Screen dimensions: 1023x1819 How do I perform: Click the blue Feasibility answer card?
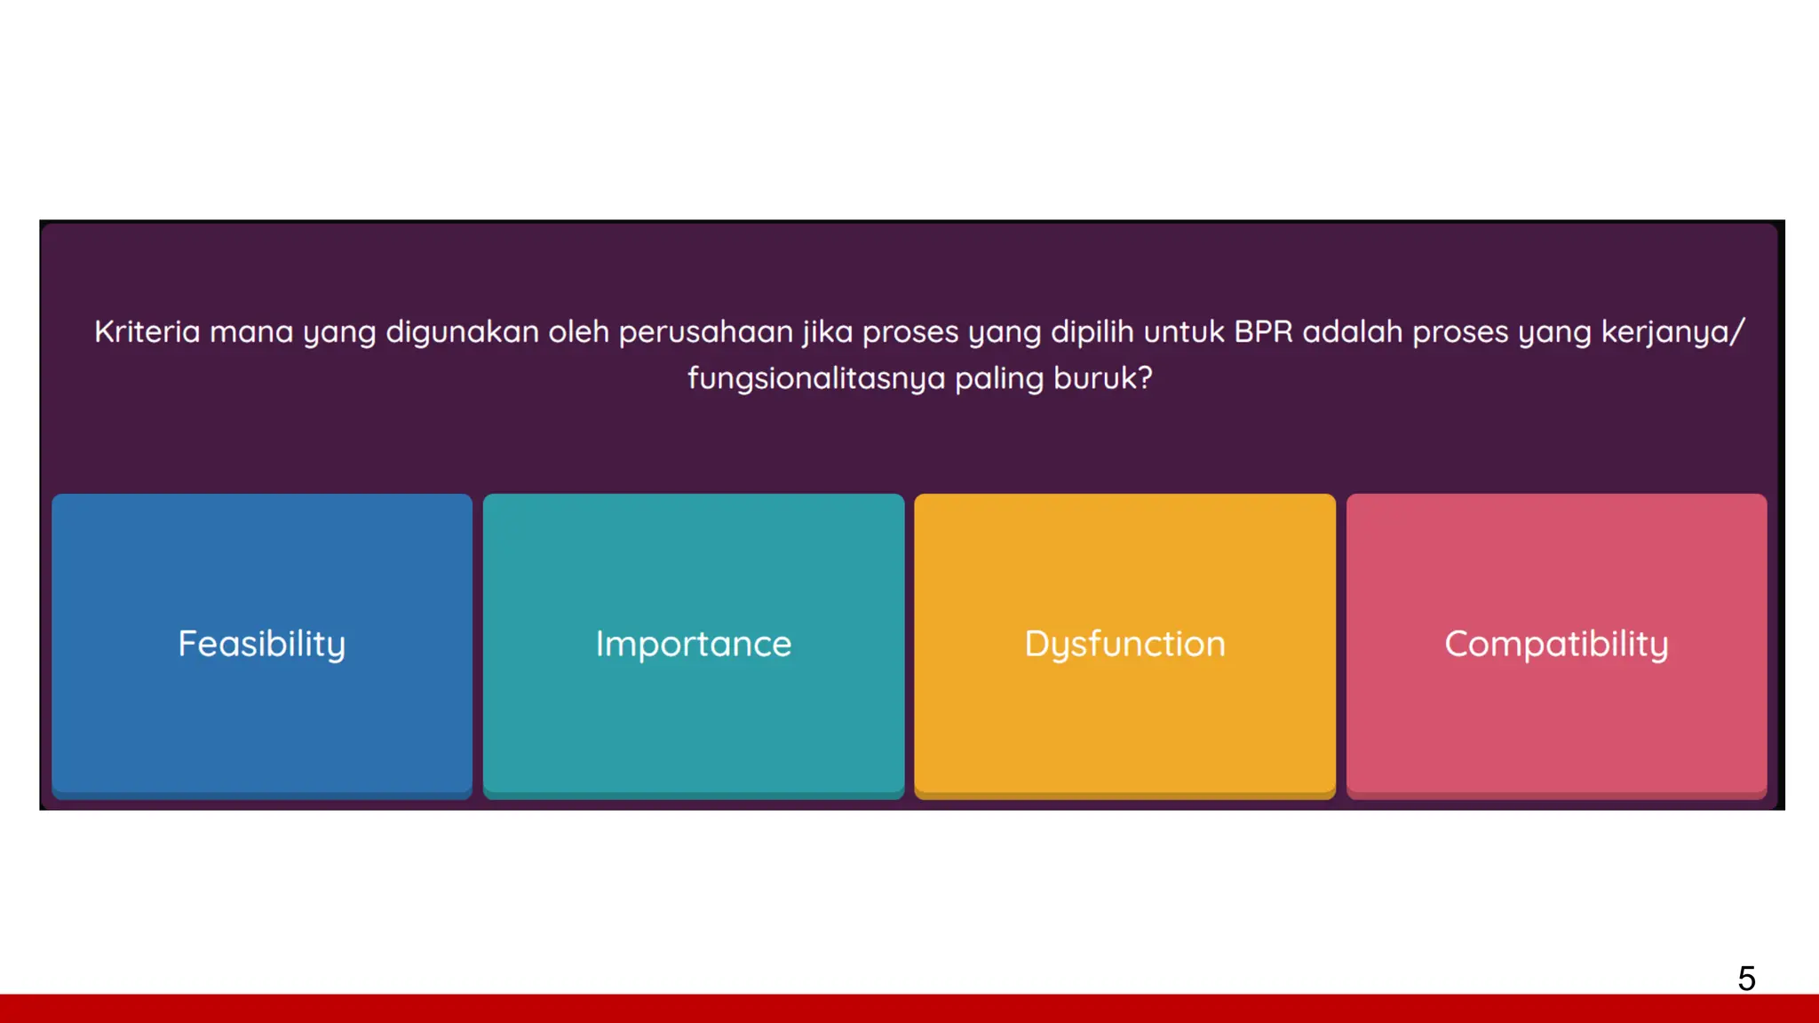click(x=262, y=644)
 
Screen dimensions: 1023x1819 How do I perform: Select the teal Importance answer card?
click(x=694, y=644)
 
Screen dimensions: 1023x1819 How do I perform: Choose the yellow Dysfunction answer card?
click(x=1124, y=644)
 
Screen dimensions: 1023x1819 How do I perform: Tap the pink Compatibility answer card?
click(x=1556, y=644)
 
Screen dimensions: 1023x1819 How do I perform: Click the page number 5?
click(x=1746, y=979)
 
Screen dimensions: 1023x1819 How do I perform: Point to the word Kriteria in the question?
click(x=147, y=332)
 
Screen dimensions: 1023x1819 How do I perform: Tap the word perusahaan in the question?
click(x=705, y=332)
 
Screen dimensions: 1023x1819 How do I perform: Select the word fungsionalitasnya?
click(x=815, y=379)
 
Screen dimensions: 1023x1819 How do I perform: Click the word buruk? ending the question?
click(x=1102, y=379)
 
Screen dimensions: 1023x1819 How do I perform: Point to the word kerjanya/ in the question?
click(x=1672, y=332)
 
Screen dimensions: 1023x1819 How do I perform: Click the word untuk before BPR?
click(x=1184, y=332)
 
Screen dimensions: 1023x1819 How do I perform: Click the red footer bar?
click(x=909, y=1009)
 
